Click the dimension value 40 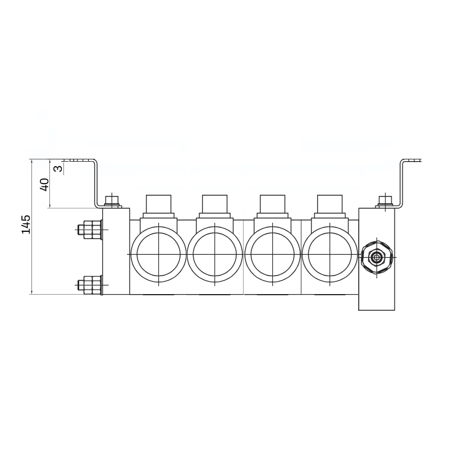(x=44, y=185)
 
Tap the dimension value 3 (x=58, y=168)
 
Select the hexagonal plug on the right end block (x=376, y=258)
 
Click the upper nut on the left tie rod (x=89, y=230)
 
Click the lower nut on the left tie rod (x=89, y=285)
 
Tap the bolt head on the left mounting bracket (x=112, y=201)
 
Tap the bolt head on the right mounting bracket (x=385, y=201)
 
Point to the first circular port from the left (x=159, y=254)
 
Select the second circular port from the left (x=215, y=254)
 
